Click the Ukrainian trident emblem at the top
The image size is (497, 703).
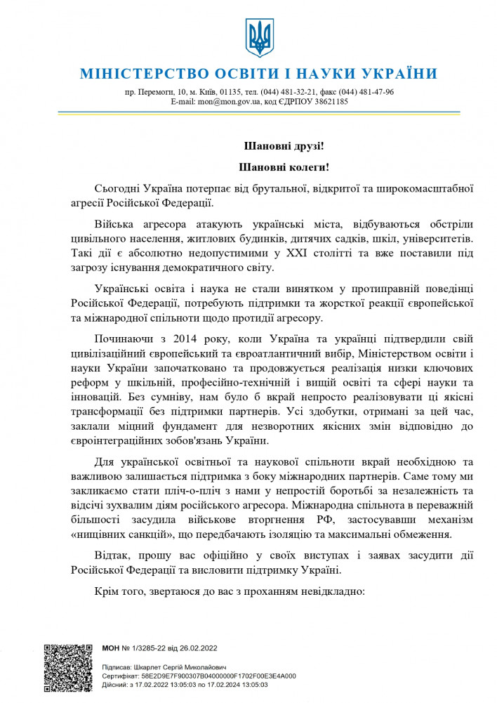(258, 38)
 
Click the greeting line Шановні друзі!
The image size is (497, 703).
(284, 147)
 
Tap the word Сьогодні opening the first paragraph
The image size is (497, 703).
(117, 189)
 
